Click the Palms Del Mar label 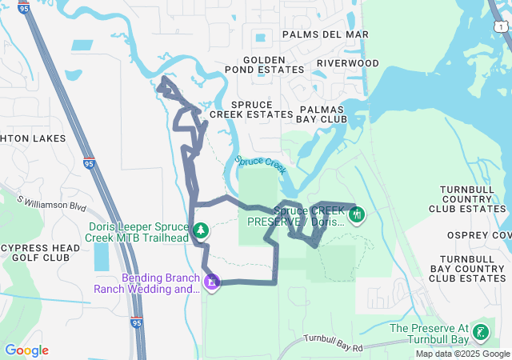click(326, 34)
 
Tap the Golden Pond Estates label click(264, 65)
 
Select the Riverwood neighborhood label click(347, 62)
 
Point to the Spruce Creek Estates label click(251, 110)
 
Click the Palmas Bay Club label click(323, 114)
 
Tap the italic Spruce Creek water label click(261, 164)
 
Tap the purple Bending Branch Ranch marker click(212, 283)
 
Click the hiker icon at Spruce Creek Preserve click(357, 214)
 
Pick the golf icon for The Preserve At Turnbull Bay click(481, 332)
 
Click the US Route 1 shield click(500, 27)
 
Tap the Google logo click(26, 350)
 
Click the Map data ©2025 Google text click(462, 354)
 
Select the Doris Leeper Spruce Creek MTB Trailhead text click(138, 232)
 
